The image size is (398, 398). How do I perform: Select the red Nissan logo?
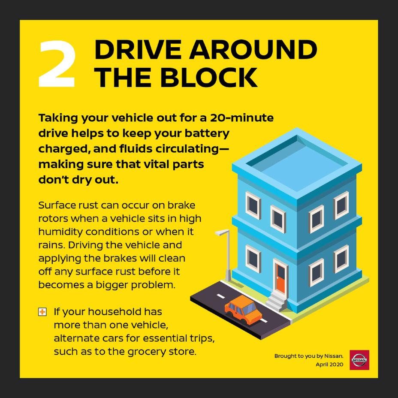coord(359,359)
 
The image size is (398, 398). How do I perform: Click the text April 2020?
coord(329,364)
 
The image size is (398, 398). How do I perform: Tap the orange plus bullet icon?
coord(42,312)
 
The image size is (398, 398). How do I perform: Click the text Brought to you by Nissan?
coord(309,356)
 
